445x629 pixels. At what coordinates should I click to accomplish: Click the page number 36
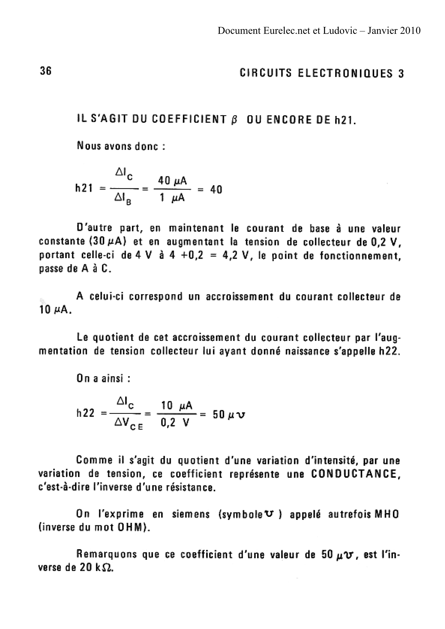point(46,71)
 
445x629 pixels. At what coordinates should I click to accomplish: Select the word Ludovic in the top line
point(340,30)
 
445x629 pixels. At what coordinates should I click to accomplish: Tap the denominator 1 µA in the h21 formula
point(172,198)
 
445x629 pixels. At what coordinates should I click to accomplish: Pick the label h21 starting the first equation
point(84,189)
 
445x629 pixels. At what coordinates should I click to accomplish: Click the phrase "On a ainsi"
point(103,378)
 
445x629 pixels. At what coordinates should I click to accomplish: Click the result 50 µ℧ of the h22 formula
point(229,415)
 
